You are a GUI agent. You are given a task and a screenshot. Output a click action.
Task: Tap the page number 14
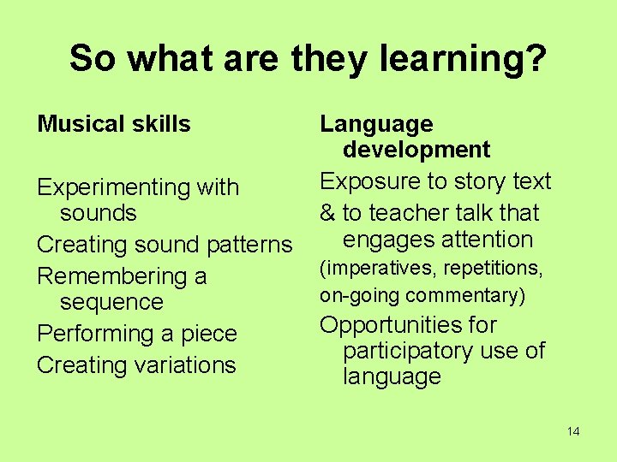(x=573, y=431)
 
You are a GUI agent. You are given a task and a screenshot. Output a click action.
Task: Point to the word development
(x=416, y=150)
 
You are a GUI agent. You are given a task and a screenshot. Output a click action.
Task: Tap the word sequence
(x=111, y=302)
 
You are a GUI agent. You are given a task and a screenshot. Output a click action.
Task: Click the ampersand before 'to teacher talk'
(x=326, y=213)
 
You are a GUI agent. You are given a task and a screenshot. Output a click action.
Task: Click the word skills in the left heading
(x=163, y=124)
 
